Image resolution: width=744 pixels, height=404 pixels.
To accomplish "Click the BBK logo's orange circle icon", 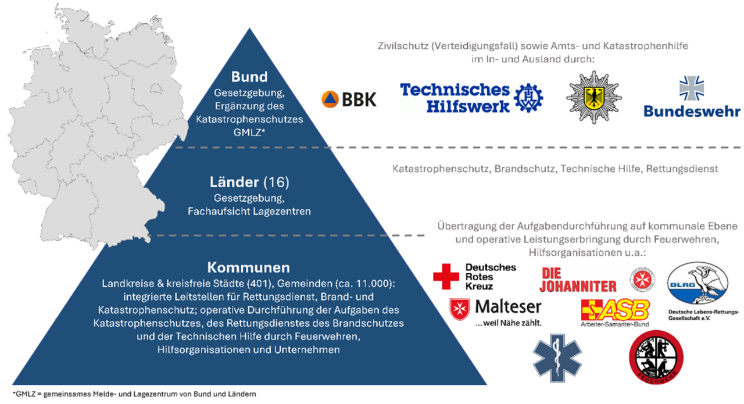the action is tap(330, 99).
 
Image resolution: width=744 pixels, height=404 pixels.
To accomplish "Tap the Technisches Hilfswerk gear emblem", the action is tap(528, 98).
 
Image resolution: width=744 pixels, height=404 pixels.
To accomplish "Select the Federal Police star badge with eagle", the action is tap(594, 97).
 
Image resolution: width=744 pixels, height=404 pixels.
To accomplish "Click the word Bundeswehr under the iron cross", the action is tap(692, 111).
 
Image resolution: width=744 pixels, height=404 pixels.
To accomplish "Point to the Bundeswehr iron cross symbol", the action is tap(692, 88).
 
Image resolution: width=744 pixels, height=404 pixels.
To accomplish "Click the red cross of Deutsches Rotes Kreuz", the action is tap(446, 277).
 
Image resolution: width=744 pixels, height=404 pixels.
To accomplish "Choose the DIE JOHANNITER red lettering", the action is tap(578, 280).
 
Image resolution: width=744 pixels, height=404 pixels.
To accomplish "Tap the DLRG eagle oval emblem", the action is tap(698, 283).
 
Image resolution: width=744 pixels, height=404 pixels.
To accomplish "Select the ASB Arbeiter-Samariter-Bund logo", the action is tap(615, 313).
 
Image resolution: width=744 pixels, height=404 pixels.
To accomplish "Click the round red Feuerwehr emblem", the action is tap(656, 357).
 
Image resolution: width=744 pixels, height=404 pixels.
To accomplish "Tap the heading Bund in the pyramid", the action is tap(249, 77).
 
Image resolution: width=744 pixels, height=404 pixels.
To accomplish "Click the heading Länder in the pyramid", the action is tap(234, 182).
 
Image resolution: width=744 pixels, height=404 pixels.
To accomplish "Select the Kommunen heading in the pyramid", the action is tap(248, 267).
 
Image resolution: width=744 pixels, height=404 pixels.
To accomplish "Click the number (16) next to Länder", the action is tap(276, 183).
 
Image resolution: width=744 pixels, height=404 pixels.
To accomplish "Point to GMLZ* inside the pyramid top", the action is tap(249, 133).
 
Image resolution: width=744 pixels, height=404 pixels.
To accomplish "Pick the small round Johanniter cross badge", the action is tap(642, 280).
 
